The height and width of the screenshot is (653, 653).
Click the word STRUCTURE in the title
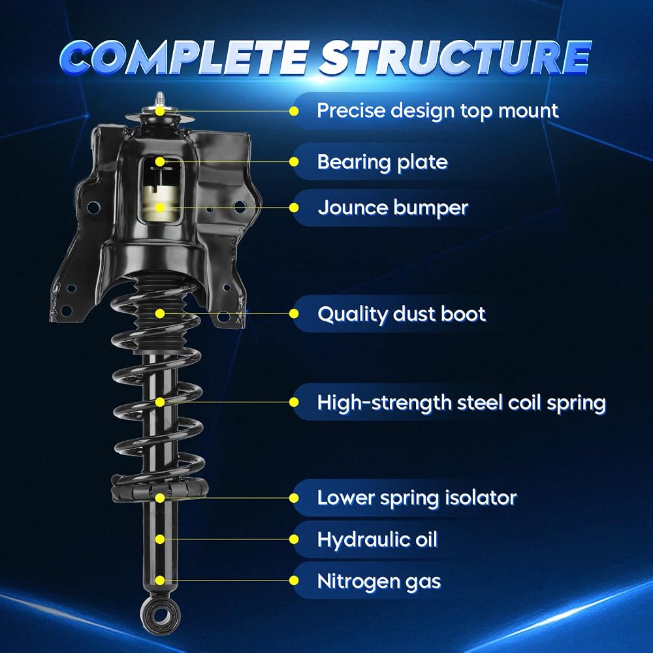tap(455, 57)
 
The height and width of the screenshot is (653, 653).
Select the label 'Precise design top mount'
tap(438, 111)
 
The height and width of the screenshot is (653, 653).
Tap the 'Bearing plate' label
tap(382, 162)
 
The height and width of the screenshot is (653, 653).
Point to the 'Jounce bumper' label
tap(393, 208)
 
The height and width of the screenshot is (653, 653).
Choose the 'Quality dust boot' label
tap(402, 314)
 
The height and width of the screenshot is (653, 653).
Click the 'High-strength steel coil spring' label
tap(462, 403)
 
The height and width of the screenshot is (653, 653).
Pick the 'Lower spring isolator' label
tap(417, 498)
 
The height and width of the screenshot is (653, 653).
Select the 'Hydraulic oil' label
tap(377, 540)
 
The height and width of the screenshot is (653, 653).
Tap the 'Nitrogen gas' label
tap(379, 581)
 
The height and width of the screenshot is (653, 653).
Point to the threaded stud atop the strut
tap(160, 100)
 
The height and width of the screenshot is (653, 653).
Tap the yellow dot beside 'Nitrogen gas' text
tap(294, 581)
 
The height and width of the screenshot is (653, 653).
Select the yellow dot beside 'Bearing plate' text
tap(294, 161)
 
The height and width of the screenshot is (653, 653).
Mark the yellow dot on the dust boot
tap(160, 313)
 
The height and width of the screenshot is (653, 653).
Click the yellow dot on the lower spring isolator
tap(160, 498)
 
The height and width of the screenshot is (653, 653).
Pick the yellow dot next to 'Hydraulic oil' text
tap(294, 539)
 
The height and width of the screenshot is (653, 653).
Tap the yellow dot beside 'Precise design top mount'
tap(294, 111)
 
